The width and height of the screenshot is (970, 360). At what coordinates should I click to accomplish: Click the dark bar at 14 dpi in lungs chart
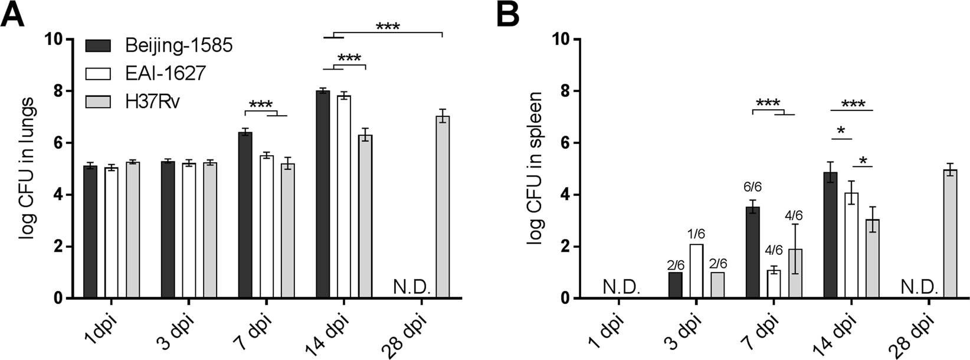pos(323,195)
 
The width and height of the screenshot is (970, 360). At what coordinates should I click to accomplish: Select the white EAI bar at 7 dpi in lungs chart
pos(267,227)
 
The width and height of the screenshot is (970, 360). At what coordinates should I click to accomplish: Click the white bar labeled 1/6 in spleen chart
pos(696,271)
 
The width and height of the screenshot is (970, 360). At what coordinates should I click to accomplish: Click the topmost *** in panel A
pos(387,27)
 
